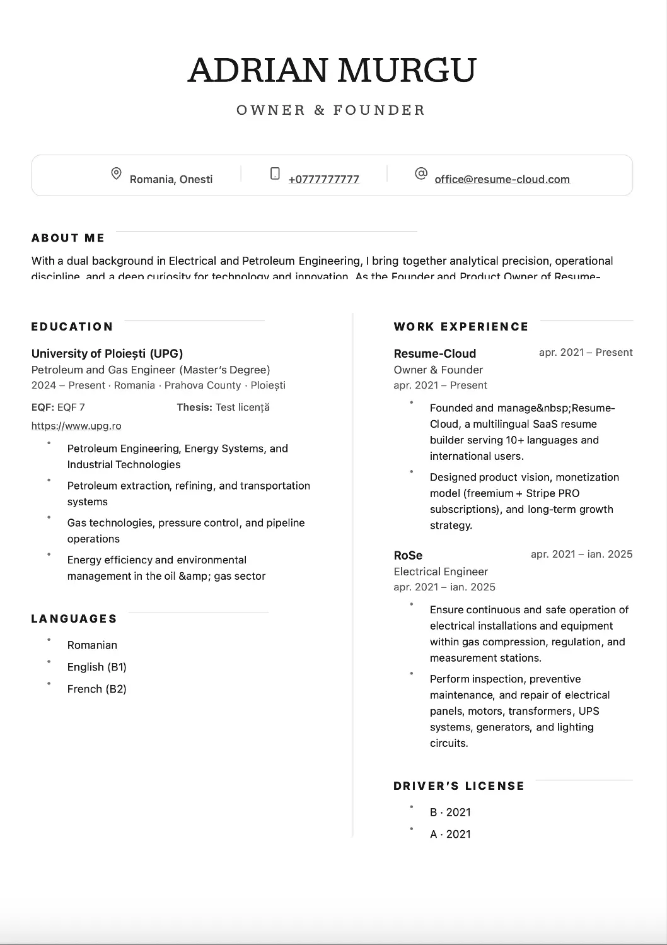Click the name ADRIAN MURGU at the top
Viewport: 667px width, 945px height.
(332, 70)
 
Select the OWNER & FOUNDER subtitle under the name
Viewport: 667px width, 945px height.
(331, 110)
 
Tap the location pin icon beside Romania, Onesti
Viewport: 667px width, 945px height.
(116, 173)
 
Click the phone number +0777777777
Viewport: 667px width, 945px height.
(323, 179)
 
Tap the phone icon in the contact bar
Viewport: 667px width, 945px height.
(275, 173)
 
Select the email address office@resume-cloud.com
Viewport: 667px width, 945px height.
(502, 179)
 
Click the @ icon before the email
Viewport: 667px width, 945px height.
(421, 173)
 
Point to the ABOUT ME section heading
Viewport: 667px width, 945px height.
(68, 238)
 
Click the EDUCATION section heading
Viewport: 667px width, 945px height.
(72, 327)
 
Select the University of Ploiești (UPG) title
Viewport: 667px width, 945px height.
(107, 353)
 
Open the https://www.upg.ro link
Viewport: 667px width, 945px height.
(76, 426)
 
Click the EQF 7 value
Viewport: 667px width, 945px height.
(71, 408)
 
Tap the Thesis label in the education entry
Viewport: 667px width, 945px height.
(194, 408)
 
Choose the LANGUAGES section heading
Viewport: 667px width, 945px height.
(74, 619)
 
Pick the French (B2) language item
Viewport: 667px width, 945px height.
(96, 689)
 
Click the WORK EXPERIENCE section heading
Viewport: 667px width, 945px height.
(461, 327)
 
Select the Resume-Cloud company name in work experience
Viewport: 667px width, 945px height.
(434, 353)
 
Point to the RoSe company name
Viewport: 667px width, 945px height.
(408, 555)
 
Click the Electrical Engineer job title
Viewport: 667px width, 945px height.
(441, 572)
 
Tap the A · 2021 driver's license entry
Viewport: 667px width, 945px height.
(450, 834)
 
